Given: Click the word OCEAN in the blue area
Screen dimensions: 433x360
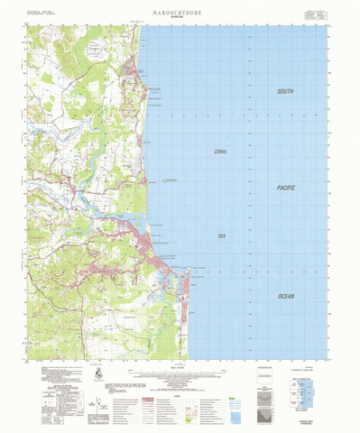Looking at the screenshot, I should click(x=285, y=295).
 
